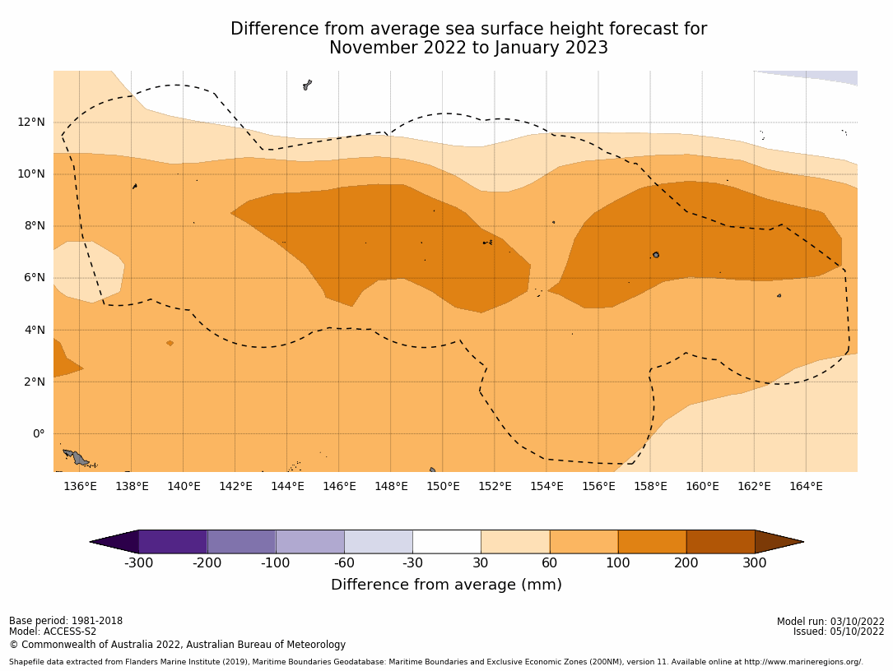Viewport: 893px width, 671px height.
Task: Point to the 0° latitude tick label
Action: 39,433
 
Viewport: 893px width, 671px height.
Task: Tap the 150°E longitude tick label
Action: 443,486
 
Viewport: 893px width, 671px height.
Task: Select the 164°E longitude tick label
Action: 806,486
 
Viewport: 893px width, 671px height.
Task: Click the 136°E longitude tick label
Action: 80,486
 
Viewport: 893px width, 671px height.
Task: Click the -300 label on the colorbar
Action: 138,563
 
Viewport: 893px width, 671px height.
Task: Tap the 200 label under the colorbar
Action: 686,563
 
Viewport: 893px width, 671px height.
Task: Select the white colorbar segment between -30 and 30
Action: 447,542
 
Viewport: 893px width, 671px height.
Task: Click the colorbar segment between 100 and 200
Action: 652,542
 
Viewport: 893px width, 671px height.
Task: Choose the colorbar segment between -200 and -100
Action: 241,542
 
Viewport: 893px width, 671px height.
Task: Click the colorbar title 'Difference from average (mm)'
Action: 446,585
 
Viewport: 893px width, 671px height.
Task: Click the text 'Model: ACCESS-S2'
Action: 53,632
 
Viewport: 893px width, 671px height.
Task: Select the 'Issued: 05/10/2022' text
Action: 839,632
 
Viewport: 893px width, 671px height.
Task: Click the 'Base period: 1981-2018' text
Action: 66,621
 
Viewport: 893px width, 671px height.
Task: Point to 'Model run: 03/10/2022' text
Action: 830,622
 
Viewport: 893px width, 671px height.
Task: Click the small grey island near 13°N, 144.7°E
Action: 307,84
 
